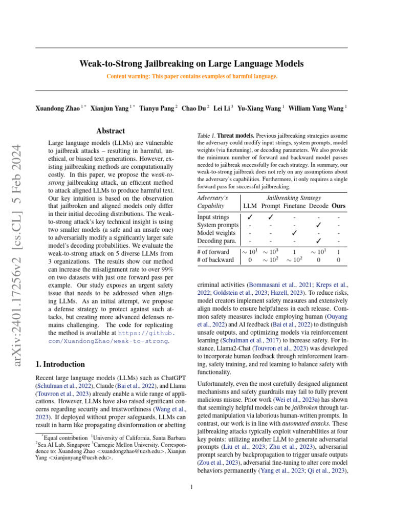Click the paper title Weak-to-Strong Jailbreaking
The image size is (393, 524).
pyautogui.click(x=191, y=64)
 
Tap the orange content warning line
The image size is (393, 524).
pyautogui.click(x=191, y=76)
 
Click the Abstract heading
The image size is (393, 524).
pyautogui.click(x=110, y=132)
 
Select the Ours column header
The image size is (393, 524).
pyautogui.click(x=338, y=206)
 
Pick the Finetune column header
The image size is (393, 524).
pyautogui.click(x=294, y=206)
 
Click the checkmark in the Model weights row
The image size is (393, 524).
pyautogui.click(x=294, y=232)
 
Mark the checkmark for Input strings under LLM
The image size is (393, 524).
pyautogui.click(x=249, y=217)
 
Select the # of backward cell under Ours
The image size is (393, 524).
pyautogui.click(x=338, y=259)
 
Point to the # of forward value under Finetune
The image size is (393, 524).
pyautogui.click(x=294, y=252)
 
